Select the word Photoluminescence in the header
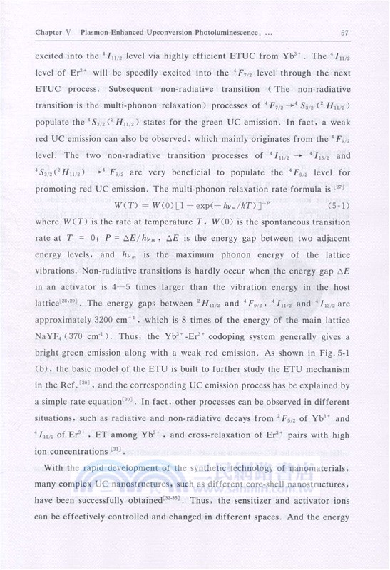coord(215,31)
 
